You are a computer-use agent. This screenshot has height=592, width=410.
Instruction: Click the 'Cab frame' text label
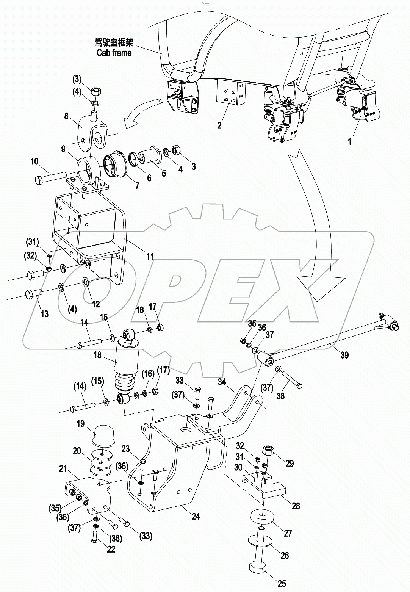click(x=114, y=53)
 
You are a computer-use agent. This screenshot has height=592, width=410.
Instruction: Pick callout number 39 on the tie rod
click(x=344, y=355)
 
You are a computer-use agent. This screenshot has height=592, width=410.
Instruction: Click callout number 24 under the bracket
click(x=196, y=516)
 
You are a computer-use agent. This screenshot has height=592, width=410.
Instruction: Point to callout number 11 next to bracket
click(x=150, y=257)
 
